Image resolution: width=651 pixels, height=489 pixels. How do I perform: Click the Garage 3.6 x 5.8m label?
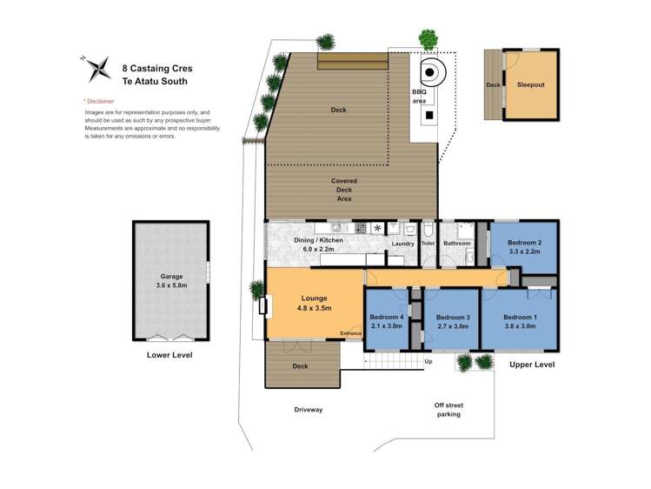tap(171, 279)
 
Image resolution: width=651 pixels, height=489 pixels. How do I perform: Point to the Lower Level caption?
tap(169, 355)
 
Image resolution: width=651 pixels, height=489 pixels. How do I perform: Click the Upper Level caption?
tap(532, 364)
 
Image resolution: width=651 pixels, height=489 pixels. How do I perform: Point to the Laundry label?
tap(403, 244)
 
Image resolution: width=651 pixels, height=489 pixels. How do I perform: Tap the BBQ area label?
tap(419, 96)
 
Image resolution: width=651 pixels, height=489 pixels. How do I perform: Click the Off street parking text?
tap(448, 409)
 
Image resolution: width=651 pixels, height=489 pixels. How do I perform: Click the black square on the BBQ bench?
tap(428, 115)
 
